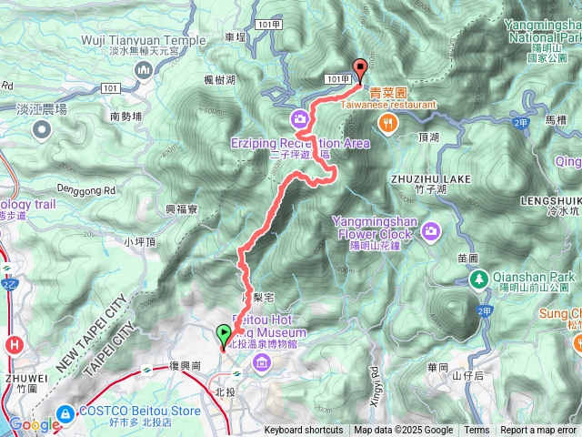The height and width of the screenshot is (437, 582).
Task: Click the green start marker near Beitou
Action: (224, 336)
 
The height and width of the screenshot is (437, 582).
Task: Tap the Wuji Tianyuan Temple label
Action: (145, 40)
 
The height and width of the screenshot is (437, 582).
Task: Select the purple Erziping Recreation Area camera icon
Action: (299, 119)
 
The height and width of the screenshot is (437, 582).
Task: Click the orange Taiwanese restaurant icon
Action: (388, 123)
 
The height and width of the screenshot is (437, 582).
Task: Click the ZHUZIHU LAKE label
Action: (432, 179)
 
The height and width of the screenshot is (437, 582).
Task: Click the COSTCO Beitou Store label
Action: (138, 412)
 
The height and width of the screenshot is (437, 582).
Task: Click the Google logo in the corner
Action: (35, 424)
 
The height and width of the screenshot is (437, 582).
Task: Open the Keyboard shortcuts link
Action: (304, 431)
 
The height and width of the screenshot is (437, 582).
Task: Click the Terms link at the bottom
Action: (477, 431)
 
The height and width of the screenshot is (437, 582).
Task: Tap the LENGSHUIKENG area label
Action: (551, 199)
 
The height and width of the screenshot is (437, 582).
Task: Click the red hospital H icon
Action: (15, 345)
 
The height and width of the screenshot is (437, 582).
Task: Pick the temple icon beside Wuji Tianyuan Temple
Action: (144, 69)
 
